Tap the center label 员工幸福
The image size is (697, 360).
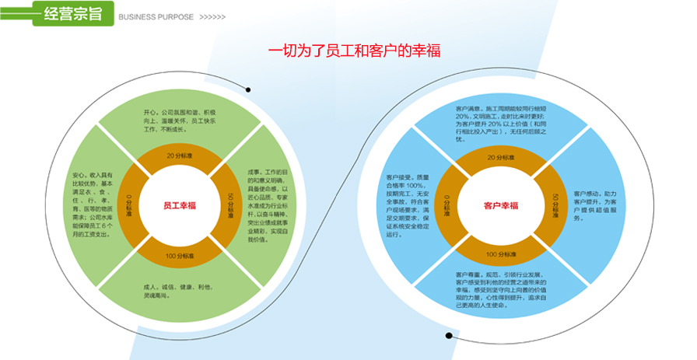point(180,206)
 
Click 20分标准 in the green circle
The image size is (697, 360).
point(180,156)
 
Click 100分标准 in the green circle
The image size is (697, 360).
point(180,256)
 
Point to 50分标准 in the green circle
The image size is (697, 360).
point(229,206)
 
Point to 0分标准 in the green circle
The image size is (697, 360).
point(130,206)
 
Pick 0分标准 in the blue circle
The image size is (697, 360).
point(447,206)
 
